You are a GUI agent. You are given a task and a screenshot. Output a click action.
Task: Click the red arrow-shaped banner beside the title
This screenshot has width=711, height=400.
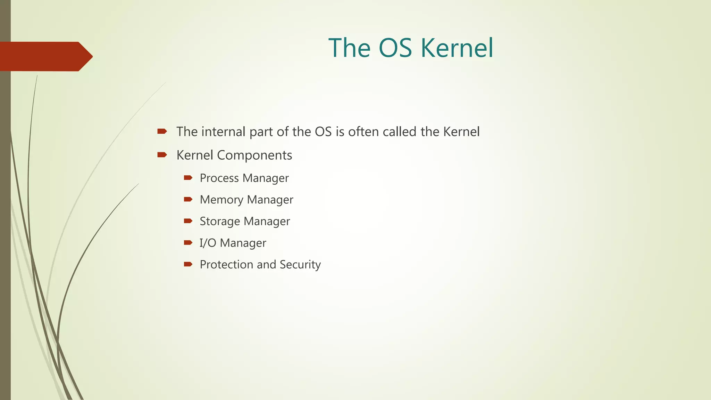pyautogui.click(x=45, y=57)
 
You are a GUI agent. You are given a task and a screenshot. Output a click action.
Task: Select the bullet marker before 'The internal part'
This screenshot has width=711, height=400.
pyautogui.click(x=162, y=131)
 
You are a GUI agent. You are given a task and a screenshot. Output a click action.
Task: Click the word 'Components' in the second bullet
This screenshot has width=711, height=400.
pyautogui.click(x=254, y=156)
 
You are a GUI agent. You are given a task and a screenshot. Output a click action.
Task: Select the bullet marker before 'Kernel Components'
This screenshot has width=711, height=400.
pyautogui.click(x=162, y=155)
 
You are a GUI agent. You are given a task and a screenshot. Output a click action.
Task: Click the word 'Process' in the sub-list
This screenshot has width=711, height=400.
pyautogui.click(x=219, y=178)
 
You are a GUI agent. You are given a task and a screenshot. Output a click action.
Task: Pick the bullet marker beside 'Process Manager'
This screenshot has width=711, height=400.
pyautogui.click(x=188, y=178)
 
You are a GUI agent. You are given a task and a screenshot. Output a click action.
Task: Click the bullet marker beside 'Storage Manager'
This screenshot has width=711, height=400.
pyautogui.click(x=188, y=221)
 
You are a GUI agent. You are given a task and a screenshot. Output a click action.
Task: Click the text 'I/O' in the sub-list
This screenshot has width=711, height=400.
pyautogui.click(x=208, y=243)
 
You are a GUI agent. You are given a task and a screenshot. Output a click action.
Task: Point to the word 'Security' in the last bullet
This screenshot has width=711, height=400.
pyautogui.click(x=300, y=265)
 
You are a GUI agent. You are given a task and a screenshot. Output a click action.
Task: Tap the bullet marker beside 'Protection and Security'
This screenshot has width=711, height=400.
pyautogui.click(x=188, y=264)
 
